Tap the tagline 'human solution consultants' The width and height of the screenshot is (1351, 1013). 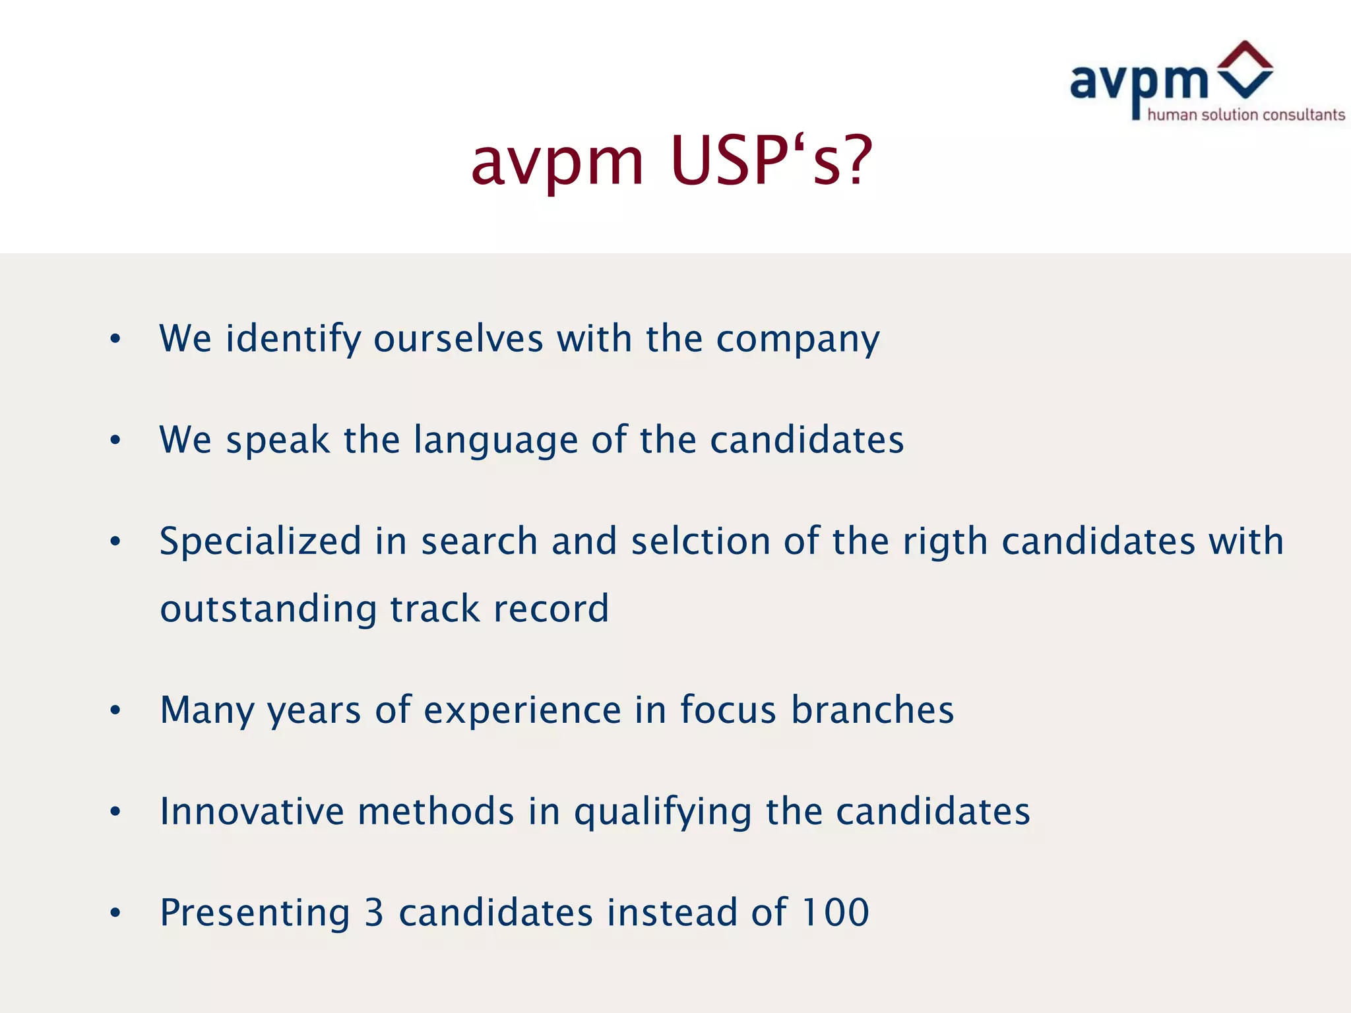pos(1245,115)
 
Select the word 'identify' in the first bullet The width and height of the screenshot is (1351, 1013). pos(294,339)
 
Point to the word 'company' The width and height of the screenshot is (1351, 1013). pos(798,340)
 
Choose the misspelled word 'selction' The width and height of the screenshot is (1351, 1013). pos(701,541)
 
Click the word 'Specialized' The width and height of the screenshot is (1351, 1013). pos(261,541)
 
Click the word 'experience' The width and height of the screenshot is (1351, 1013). pos(522,711)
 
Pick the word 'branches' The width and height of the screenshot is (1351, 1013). pos(872,710)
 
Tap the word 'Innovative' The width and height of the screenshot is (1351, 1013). pos(252,811)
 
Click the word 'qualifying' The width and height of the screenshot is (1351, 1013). pos(662,813)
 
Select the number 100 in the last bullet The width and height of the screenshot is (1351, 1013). pos(835,913)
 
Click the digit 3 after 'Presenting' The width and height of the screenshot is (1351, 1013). pos(374,913)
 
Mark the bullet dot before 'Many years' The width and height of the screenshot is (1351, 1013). pos(115,710)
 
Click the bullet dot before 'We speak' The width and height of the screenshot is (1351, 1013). pos(115,440)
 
